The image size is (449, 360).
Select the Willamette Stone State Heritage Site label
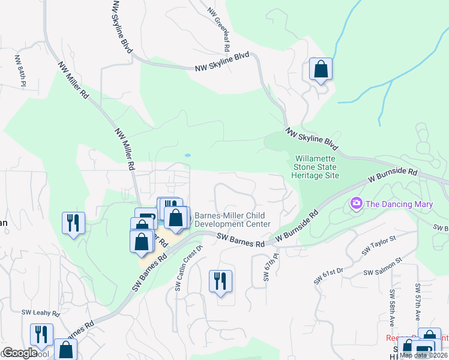pyautogui.click(x=316, y=167)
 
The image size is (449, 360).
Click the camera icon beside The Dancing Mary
pyautogui.click(x=357, y=204)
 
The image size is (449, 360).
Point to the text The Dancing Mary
pyautogui.click(x=399, y=204)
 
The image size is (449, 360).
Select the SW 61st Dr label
pyautogui.click(x=328, y=275)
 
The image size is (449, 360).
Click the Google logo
pyautogui.click(x=20, y=353)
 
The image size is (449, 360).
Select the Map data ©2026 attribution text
pyautogui.click(x=423, y=355)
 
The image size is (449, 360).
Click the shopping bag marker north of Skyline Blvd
pyautogui.click(x=321, y=70)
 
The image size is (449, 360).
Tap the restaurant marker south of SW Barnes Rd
pyautogui.click(x=220, y=281)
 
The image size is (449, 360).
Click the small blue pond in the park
pyautogui.click(x=187, y=155)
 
